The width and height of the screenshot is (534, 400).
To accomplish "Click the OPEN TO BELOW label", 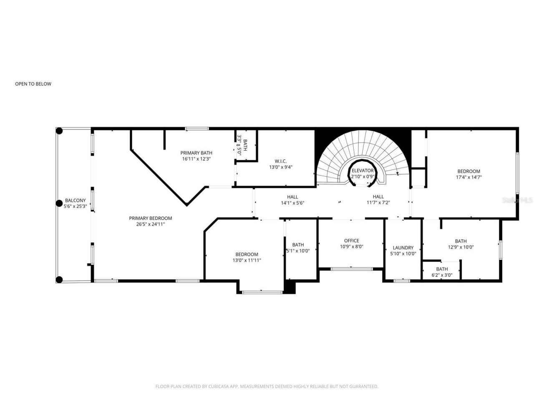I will (x=33, y=84).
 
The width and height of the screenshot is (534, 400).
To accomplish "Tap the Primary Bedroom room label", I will (x=150, y=218).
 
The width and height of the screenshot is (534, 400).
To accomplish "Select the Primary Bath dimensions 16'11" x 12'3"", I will (x=196, y=159).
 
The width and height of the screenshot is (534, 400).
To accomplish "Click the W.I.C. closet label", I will (x=280, y=161).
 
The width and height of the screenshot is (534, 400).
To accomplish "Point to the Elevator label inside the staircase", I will (x=362, y=171).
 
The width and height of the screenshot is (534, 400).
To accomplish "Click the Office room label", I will (x=351, y=241).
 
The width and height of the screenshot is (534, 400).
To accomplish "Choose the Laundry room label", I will (x=403, y=247).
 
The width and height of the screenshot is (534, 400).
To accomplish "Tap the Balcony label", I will (x=75, y=200).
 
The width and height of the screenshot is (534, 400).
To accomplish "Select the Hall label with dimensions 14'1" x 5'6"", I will (x=292, y=197).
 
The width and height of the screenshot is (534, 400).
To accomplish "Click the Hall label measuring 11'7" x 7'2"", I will (x=378, y=197).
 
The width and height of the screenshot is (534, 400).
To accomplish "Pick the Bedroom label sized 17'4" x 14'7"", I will (x=469, y=171).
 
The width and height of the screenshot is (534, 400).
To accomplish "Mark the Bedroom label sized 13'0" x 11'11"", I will (x=247, y=254).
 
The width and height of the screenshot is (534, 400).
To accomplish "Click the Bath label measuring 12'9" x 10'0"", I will (x=461, y=241).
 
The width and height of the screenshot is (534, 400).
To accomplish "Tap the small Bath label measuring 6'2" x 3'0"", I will (x=442, y=269).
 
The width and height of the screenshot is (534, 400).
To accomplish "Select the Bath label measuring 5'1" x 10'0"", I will (x=298, y=245).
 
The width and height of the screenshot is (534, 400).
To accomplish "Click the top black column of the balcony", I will (x=59, y=131).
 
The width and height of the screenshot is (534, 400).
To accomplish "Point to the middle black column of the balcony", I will (x=59, y=204).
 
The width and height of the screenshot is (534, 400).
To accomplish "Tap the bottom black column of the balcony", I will (x=59, y=280).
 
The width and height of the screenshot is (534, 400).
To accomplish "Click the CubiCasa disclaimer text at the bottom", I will (x=267, y=387).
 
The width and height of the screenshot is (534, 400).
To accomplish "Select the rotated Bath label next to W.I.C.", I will (x=245, y=145).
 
